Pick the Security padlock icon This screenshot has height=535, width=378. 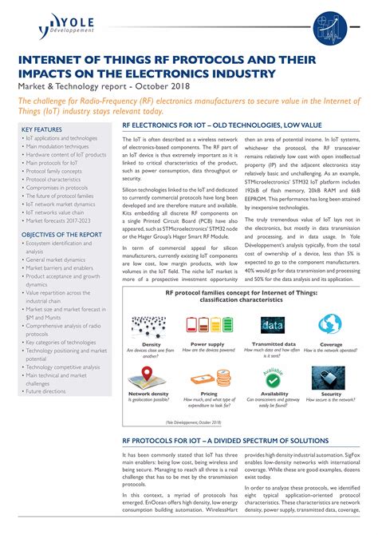click(330, 375)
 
